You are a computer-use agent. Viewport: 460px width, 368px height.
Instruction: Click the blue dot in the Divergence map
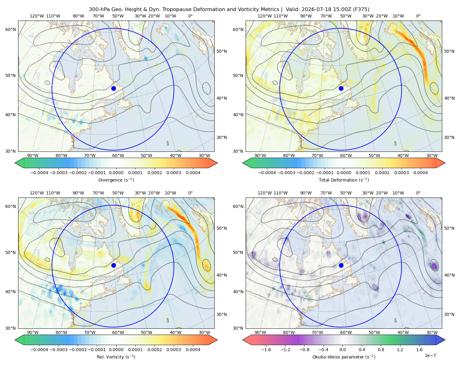coord(113,88)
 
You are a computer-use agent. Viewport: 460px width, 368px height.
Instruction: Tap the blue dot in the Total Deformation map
coord(341,88)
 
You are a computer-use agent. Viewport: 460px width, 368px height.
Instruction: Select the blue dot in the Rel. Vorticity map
coord(113,265)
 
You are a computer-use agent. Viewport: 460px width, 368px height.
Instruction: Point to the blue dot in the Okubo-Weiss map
coord(341,265)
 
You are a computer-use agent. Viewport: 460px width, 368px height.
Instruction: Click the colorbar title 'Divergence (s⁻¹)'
coord(116,180)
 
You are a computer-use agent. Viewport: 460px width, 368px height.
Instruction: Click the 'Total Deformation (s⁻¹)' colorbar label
coord(344,180)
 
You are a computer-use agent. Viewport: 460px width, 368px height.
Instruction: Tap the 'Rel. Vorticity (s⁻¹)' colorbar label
coord(116,357)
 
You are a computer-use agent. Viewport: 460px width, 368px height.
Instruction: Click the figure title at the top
coord(229,9)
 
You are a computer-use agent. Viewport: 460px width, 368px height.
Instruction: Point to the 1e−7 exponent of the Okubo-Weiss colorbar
coord(430,355)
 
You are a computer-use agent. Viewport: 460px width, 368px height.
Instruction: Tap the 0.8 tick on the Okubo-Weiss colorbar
coord(381,349)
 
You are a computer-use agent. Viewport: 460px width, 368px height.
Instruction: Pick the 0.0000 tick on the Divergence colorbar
coord(116,173)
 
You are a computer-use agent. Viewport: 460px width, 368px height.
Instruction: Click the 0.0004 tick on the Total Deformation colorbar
coord(420,173)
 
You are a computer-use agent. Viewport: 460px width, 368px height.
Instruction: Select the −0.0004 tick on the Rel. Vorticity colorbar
coord(39,349)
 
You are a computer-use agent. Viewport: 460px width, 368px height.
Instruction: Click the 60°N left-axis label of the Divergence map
coord(10,29)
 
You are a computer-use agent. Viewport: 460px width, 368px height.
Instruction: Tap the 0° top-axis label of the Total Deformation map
coord(418,16)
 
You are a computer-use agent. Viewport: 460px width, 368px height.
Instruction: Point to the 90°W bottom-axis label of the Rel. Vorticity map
coord(33,332)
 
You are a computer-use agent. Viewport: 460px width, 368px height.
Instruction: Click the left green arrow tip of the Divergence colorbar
coord(15,163)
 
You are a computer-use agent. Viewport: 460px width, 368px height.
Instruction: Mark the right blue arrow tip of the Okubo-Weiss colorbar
coord(445,339)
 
